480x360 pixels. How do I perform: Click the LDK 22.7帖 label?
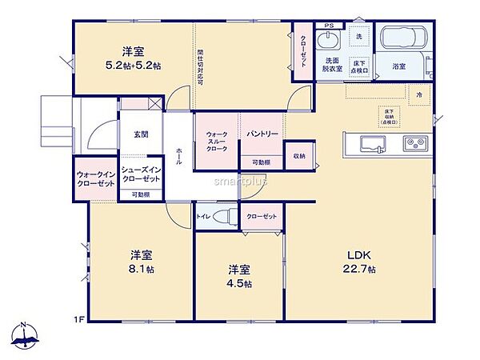click(x=356, y=262)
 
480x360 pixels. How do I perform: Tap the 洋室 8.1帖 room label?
click(x=142, y=262)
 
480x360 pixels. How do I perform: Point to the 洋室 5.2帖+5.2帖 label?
click(x=133, y=57)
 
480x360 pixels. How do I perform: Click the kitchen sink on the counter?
click(x=374, y=144)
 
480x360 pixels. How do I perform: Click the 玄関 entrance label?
click(x=141, y=134)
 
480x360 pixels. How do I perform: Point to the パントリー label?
click(x=262, y=134)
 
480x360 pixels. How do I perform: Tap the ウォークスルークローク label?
click(x=218, y=142)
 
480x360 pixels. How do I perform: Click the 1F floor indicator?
click(x=79, y=320)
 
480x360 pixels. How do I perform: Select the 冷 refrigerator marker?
click(x=418, y=94)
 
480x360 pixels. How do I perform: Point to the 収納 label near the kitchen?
click(x=298, y=155)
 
